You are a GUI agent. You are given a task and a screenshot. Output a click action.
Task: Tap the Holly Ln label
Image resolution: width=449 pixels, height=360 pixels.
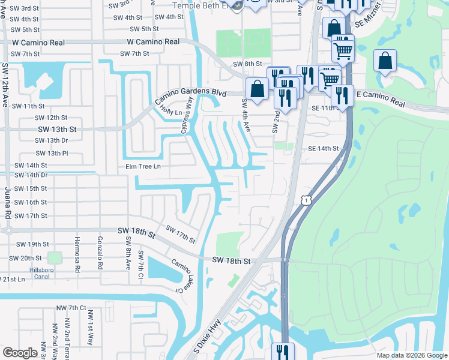click(170, 112)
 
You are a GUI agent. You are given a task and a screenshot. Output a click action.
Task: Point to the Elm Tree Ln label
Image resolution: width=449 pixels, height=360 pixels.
click(143, 166)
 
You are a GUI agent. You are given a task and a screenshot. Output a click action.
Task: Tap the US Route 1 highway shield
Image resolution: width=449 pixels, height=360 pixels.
click(306, 200)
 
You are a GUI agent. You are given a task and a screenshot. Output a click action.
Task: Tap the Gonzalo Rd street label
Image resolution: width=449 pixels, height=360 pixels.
click(100, 253)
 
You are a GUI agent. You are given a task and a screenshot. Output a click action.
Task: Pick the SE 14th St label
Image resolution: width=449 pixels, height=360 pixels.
click(324, 148)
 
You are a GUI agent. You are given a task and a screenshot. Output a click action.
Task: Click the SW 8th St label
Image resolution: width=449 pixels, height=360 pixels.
click(249, 64)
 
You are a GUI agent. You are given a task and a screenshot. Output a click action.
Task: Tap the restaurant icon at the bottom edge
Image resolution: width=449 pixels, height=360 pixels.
click(282, 352)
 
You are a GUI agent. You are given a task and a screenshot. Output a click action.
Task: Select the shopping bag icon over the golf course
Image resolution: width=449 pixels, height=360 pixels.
click(384, 61)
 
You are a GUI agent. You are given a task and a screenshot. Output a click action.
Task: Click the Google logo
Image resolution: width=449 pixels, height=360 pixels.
click(20, 353)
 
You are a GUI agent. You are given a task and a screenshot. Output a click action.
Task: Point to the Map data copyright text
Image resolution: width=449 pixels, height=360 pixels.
click(411, 355)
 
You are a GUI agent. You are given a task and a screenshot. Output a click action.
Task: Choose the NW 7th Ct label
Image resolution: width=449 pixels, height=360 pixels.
click(73, 308)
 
